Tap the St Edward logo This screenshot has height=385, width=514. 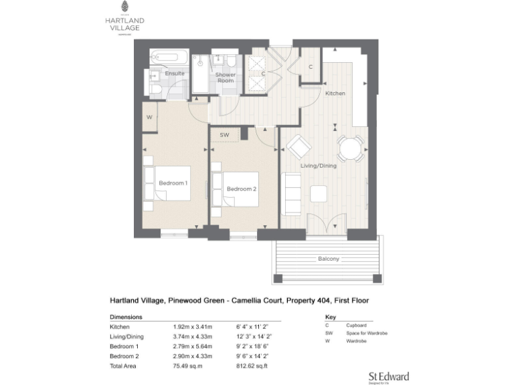(x=388, y=377)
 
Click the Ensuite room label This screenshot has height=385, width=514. (x=175, y=73)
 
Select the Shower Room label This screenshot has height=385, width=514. (x=225, y=78)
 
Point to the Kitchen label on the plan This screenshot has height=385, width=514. (x=335, y=94)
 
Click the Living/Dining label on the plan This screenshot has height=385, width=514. (x=318, y=165)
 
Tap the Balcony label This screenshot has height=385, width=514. (x=329, y=259)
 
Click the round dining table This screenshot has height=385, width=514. (x=350, y=148)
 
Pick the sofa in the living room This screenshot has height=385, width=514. (x=291, y=195)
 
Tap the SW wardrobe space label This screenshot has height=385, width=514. (x=225, y=135)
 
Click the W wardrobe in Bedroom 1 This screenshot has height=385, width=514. (x=149, y=118)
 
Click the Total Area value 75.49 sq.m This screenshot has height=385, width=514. (x=185, y=367)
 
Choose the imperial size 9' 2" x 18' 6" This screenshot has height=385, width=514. (x=252, y=347)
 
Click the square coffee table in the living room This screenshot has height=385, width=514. (x=319, y=193)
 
